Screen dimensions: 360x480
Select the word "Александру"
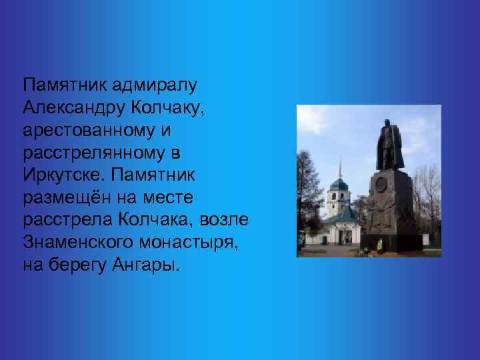73,108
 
